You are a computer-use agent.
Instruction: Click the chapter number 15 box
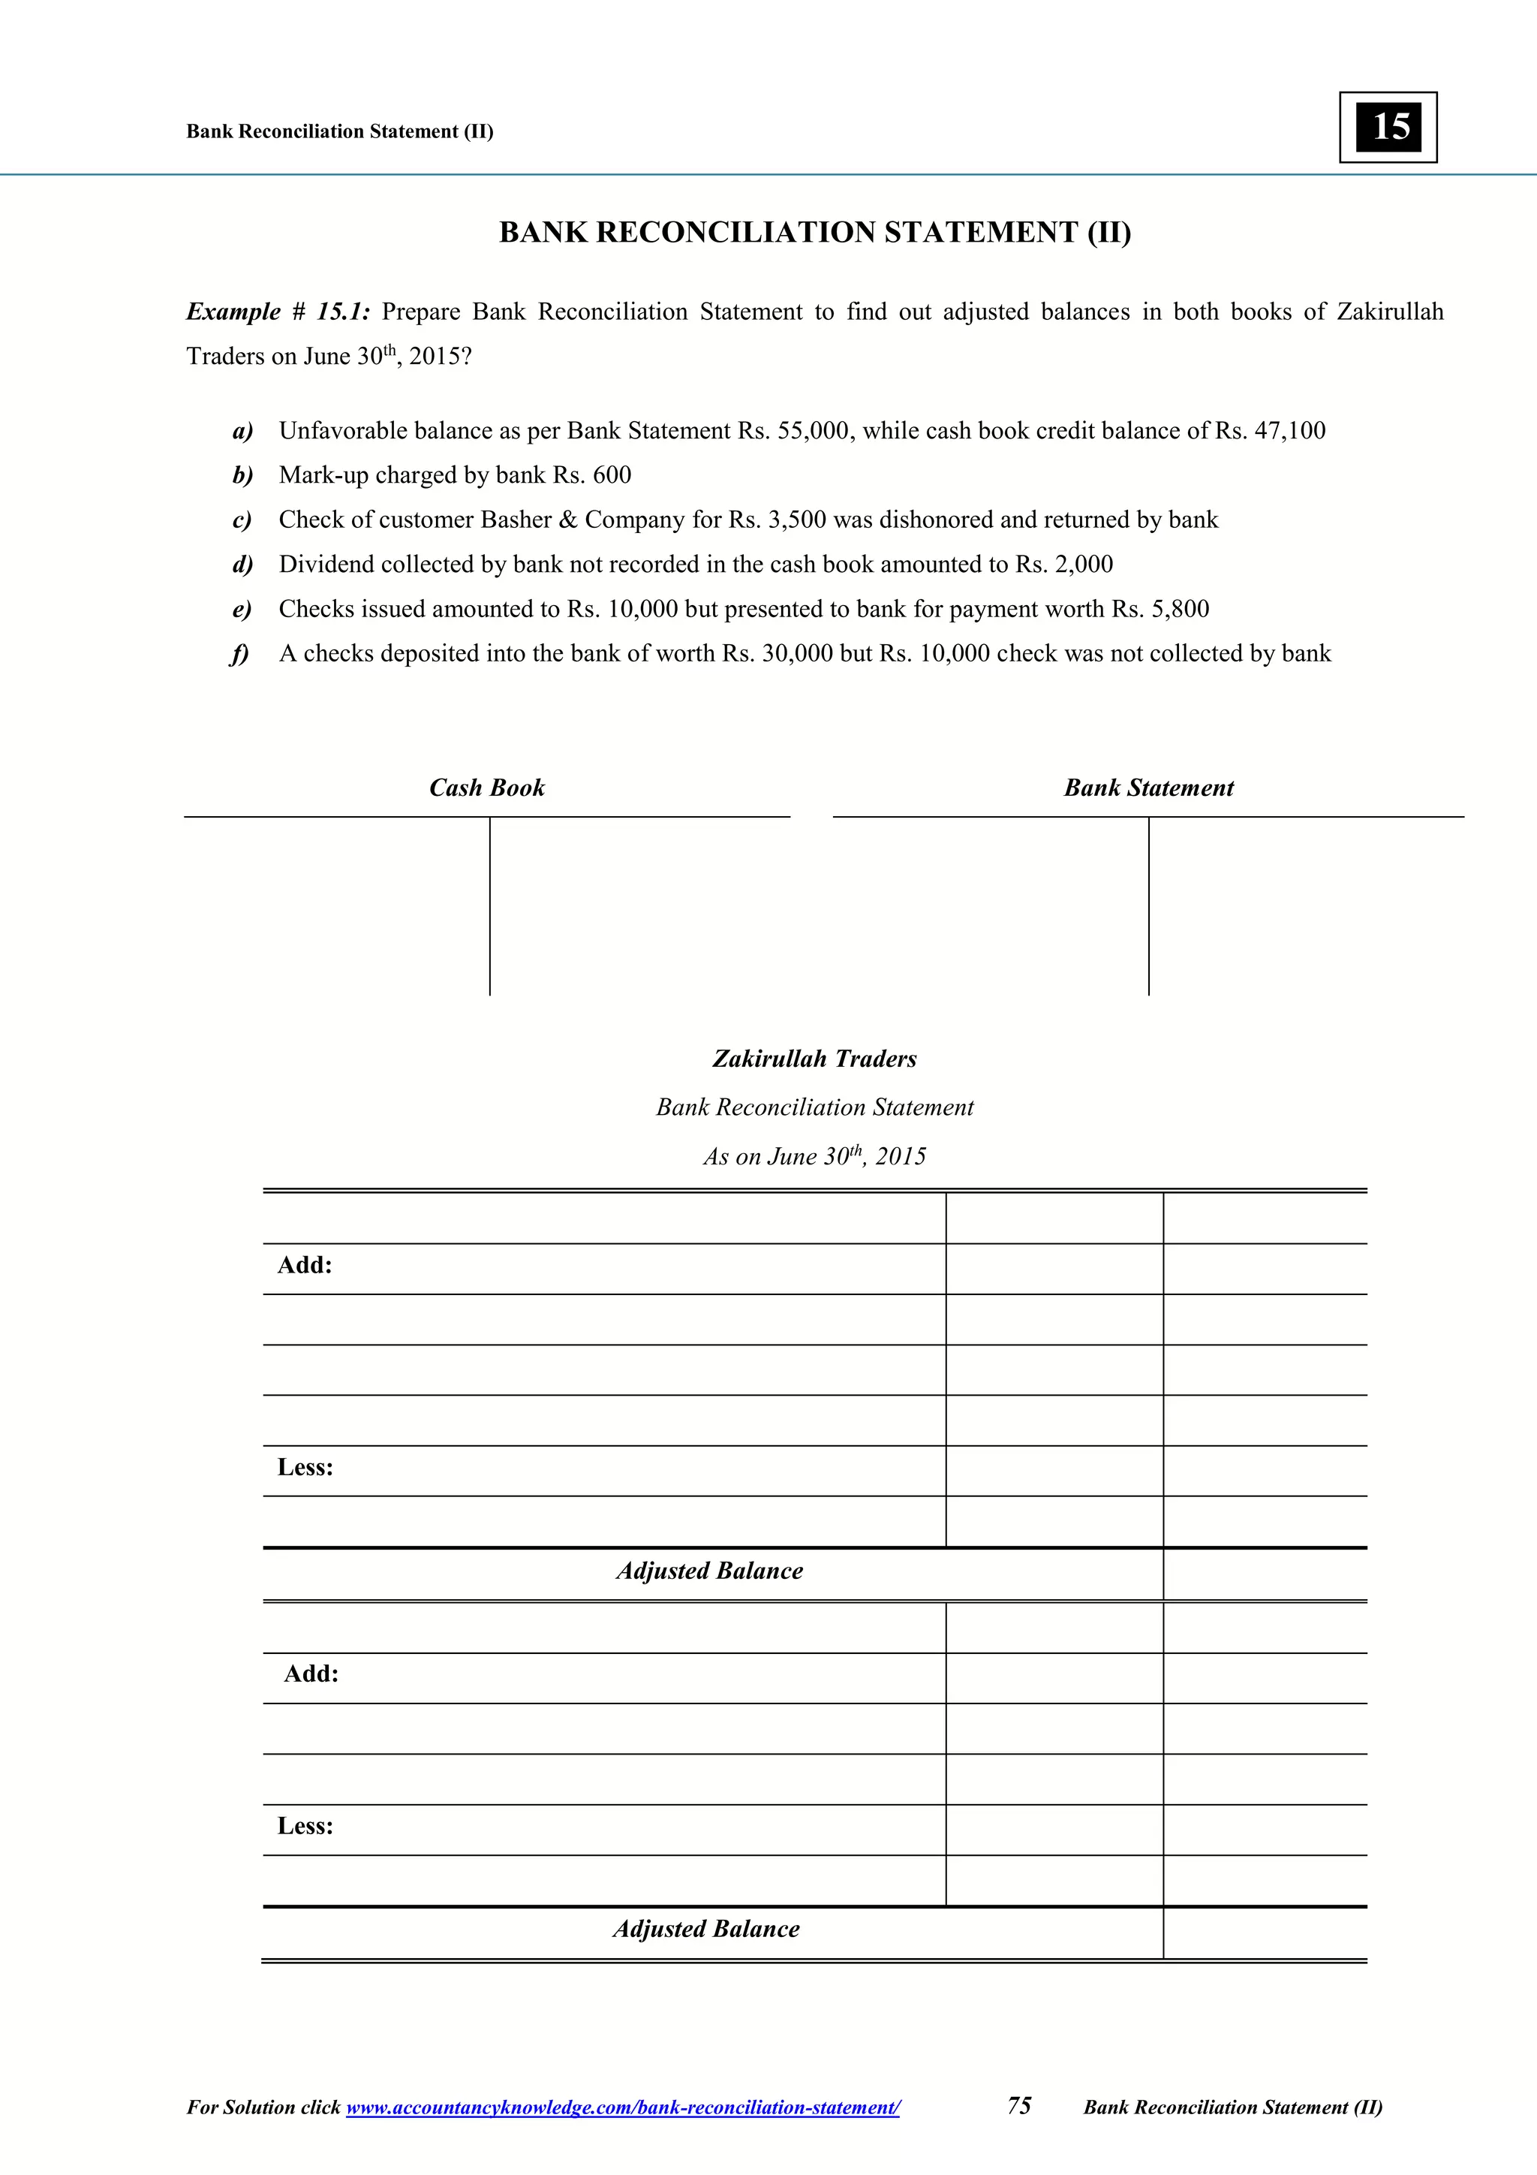[1388, 127]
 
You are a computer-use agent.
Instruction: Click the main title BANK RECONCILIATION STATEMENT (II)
[814, 232]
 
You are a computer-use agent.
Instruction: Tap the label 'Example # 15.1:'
[278, 312]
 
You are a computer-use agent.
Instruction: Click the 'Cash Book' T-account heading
[487, 788]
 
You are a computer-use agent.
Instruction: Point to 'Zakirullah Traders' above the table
[814, 1059]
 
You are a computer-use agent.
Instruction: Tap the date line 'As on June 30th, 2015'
[814, 1157]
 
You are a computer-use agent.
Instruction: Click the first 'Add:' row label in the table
[305, 1266]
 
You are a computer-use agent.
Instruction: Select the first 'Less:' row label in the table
[305, 1467]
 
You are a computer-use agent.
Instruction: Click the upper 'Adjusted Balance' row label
[709, 1571]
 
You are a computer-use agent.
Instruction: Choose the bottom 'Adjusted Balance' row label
[706, 1929]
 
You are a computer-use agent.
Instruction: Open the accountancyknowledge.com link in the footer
[623, 2107]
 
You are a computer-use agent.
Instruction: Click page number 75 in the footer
[1019, 2106]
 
